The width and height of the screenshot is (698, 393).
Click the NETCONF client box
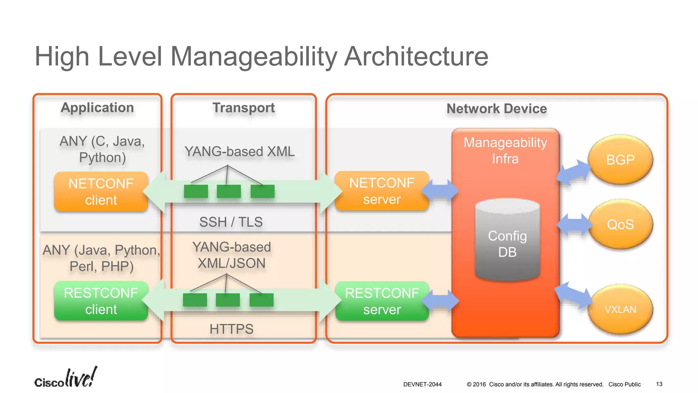pyautogui.click(x=101, y=191)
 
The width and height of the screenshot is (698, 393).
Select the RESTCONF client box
pyautogui.click(x=101, y=301)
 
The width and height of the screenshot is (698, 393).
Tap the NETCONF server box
pyautogui.click(x=382, y=191)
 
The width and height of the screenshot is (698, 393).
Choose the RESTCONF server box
pyautogui.click(x=382, y=301)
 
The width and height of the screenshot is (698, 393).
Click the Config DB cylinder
pyautogui.click(x=507, y=241)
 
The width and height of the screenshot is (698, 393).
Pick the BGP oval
pyautogui.click(x=620, y=160)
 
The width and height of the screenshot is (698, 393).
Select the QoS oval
pyautogui.click(x=620, y=224)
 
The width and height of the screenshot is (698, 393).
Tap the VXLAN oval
pyautogui.click(x=620, y=309)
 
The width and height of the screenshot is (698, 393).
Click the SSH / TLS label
pyautogui.click(x=231, y=222)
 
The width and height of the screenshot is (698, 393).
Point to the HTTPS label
pyautogui.click(x=231, y=329)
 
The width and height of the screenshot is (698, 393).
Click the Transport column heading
pyautogui.click(x=244, y=108)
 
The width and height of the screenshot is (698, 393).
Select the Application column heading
pyautogui.click(x=97, y=108)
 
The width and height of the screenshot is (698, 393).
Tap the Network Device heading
pyautogui.click(x=497, y=109)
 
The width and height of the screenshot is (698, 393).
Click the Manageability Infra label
pyautogui.click(x=505, y=150)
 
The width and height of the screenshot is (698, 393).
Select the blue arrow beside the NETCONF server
pyautogui.click(x=440, y=190)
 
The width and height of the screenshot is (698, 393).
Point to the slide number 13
pyautogui.click(x=659, y=384)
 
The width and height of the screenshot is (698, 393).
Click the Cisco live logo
pyautogui.click(x=65, y=378)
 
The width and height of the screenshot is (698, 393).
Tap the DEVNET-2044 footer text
pyautogui.click(x=422, y=384)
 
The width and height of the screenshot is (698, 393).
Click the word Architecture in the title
pyautogui.click(x=416, y=57)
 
